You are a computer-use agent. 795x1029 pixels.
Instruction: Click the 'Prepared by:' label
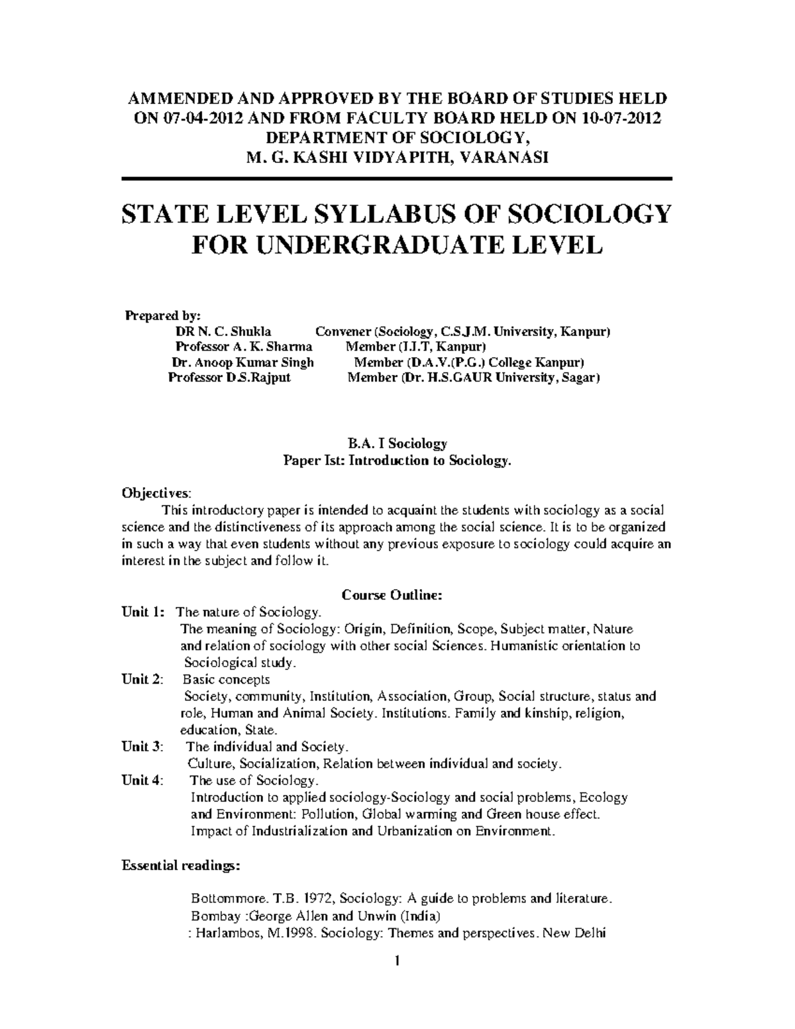[x=162, y=315]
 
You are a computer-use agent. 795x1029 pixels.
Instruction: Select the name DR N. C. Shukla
[x=223, y=331]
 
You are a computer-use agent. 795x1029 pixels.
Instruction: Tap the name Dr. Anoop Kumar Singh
[x=242, y=362]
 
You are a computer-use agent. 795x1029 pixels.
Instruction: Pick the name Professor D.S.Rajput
[x=229, y=378]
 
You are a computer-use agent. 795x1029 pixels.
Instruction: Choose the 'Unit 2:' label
[x=142, y=679]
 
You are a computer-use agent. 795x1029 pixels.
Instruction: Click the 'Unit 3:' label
[x=142, y=747]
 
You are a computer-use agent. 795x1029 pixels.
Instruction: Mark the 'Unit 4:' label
[x=142, y=781]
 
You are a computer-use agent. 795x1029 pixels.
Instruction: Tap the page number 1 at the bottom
[x=398, y=961]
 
